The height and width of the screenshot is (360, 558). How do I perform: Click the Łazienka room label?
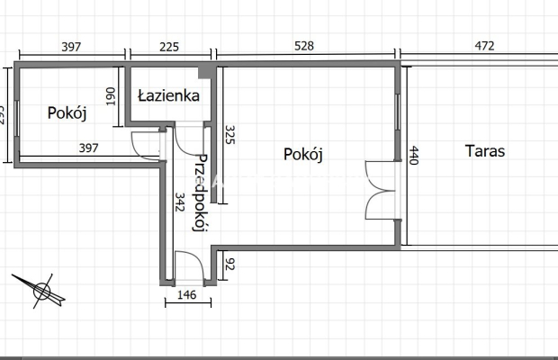168,95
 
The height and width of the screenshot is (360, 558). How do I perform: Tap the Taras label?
484,151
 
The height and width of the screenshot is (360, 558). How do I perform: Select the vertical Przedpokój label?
202,193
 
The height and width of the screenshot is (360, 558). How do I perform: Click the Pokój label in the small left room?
66,113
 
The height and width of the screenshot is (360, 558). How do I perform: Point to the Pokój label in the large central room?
302,154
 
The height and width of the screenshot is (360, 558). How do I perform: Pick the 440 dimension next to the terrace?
414,157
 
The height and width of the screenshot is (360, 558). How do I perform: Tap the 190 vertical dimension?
111,97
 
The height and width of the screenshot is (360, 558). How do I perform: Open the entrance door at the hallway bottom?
189,267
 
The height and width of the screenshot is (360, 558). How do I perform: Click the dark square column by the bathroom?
206,71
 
